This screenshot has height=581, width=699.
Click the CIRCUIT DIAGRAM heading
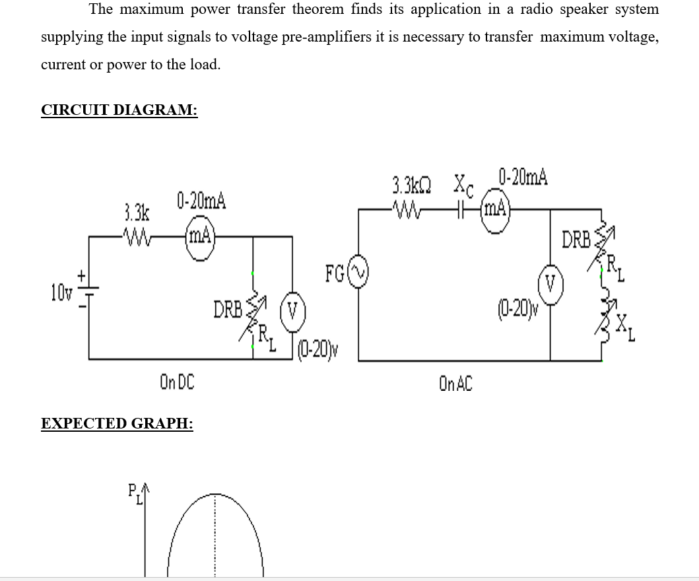(x=119, y=110)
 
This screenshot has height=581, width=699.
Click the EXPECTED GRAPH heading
(x=117, y=423)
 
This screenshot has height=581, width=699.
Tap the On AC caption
(x=455, y=383)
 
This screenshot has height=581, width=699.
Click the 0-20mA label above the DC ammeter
(x=201, y=201)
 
